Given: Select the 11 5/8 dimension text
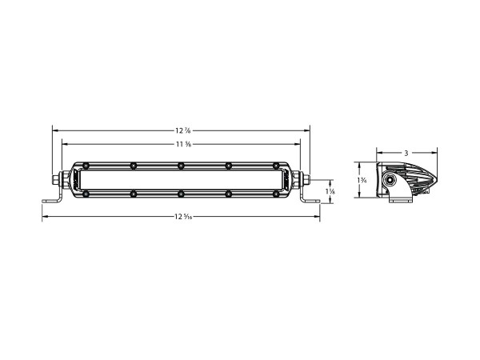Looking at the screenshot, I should coord(182,144).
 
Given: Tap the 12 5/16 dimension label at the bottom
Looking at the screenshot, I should coord(182,217).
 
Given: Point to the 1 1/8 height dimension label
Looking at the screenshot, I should coord(330,192).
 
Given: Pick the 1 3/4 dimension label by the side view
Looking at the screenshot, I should coord(363,182).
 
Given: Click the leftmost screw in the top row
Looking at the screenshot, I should coord(86,166).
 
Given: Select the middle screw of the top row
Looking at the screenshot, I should coord(182,166).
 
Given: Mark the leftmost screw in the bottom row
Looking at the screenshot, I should coord(86,194).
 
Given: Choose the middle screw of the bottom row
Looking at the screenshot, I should coord(182,194).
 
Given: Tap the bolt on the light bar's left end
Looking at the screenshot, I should coord(58,180).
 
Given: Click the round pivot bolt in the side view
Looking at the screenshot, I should coord(390,182).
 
